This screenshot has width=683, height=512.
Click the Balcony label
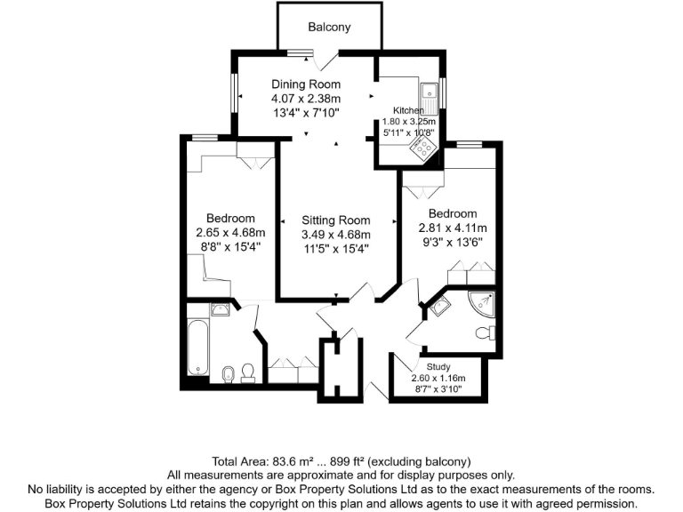[329, 27]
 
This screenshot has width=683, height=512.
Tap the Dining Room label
[306, 84]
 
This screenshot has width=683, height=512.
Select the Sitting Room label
[335, 220]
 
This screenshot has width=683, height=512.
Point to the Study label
[438, 366]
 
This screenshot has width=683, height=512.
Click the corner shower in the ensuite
[483, 303]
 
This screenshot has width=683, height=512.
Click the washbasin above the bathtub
[218, 309]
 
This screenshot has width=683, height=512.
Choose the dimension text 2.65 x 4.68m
[230, 233]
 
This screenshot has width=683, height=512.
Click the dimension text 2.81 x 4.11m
[453, 228]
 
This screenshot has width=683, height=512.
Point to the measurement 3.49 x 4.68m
[335, 235]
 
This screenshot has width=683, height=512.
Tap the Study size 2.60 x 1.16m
[438, 379]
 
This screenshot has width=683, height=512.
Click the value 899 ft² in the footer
[341, 462]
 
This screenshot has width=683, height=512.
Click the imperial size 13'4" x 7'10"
[306, 113]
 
